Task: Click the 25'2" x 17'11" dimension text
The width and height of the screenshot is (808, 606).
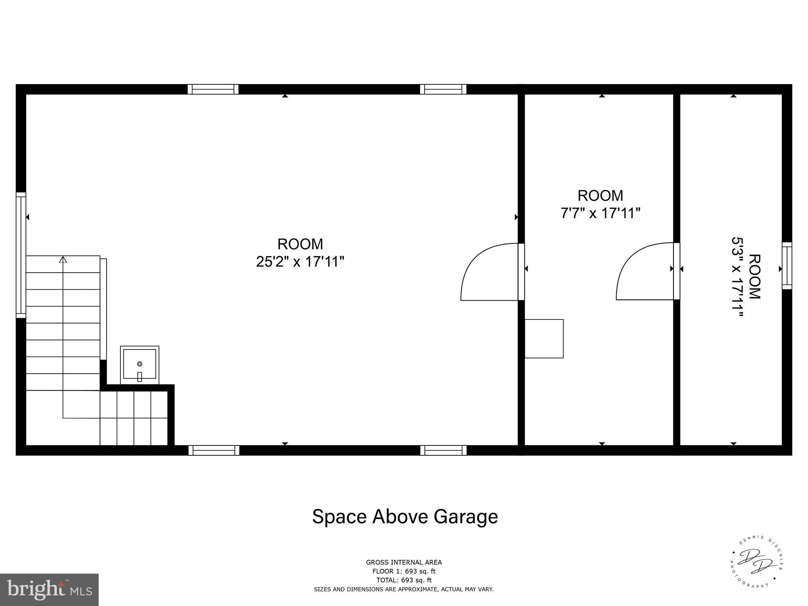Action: (x=300, y=262)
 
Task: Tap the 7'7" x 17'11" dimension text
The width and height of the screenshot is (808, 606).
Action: (x=600, y=213)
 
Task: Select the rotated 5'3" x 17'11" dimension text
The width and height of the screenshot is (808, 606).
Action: (x=737, y=277)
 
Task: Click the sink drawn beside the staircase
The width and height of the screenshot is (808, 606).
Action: (x=139, y=365)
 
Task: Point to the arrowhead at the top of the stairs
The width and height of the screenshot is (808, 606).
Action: (x=63, y=260)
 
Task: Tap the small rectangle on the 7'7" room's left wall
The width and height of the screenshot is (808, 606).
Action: (x=544, y=339)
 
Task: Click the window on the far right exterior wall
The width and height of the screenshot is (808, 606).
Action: (x=787, y=266)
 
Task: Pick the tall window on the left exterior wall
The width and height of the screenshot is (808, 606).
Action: (x=21, y=255)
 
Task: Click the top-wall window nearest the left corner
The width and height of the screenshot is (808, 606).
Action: (x=213, y=89)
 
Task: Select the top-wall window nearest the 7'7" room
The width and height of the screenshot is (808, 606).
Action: (x=443, y=89)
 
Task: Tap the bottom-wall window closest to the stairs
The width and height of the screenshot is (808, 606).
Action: (x=214, y=450)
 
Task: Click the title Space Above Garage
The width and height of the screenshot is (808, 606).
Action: (x=405, y=516)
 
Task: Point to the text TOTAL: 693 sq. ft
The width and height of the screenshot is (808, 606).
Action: (x=404, y=580)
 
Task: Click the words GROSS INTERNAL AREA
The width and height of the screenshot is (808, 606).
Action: (x=404, y=563)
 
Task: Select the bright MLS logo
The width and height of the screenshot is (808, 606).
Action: (x=49, y=589)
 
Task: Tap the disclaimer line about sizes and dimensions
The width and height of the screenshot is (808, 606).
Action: (x=404, y=589)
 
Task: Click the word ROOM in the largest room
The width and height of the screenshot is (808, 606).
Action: (x=300, y=244)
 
